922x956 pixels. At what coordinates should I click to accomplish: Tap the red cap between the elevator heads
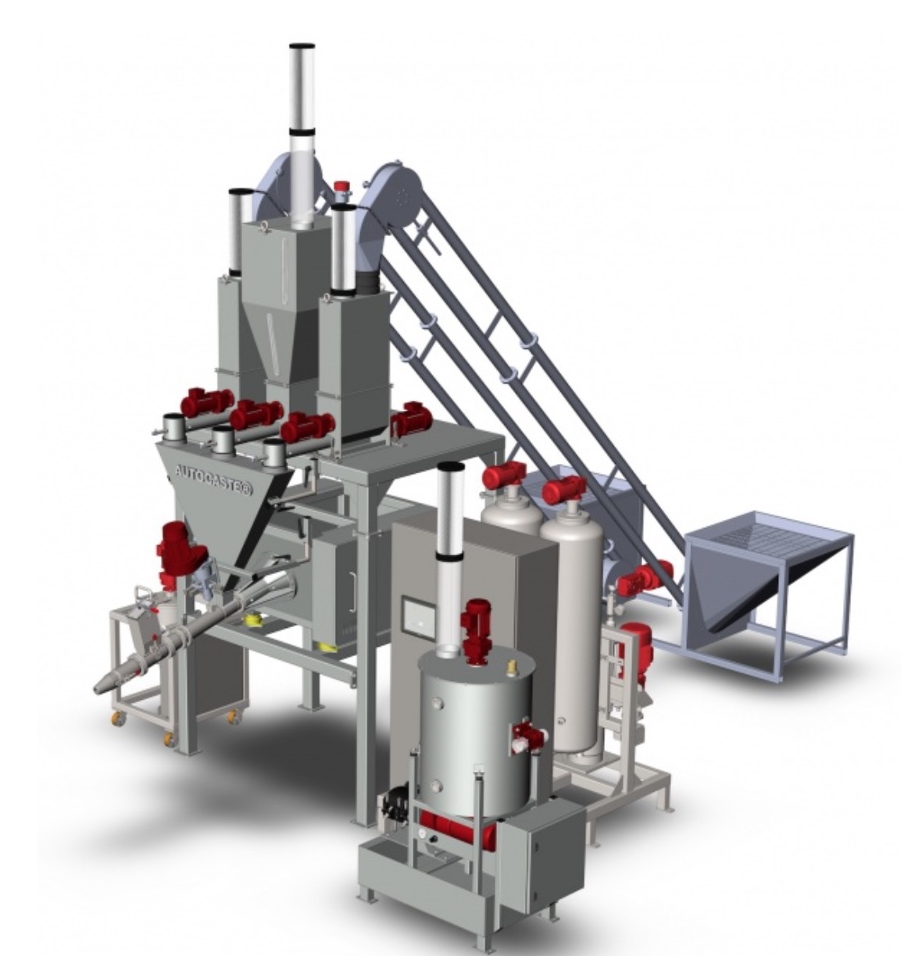(340, 187)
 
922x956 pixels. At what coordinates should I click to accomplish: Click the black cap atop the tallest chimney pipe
(302, 46)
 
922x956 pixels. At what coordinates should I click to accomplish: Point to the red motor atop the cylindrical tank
(474, 629)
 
